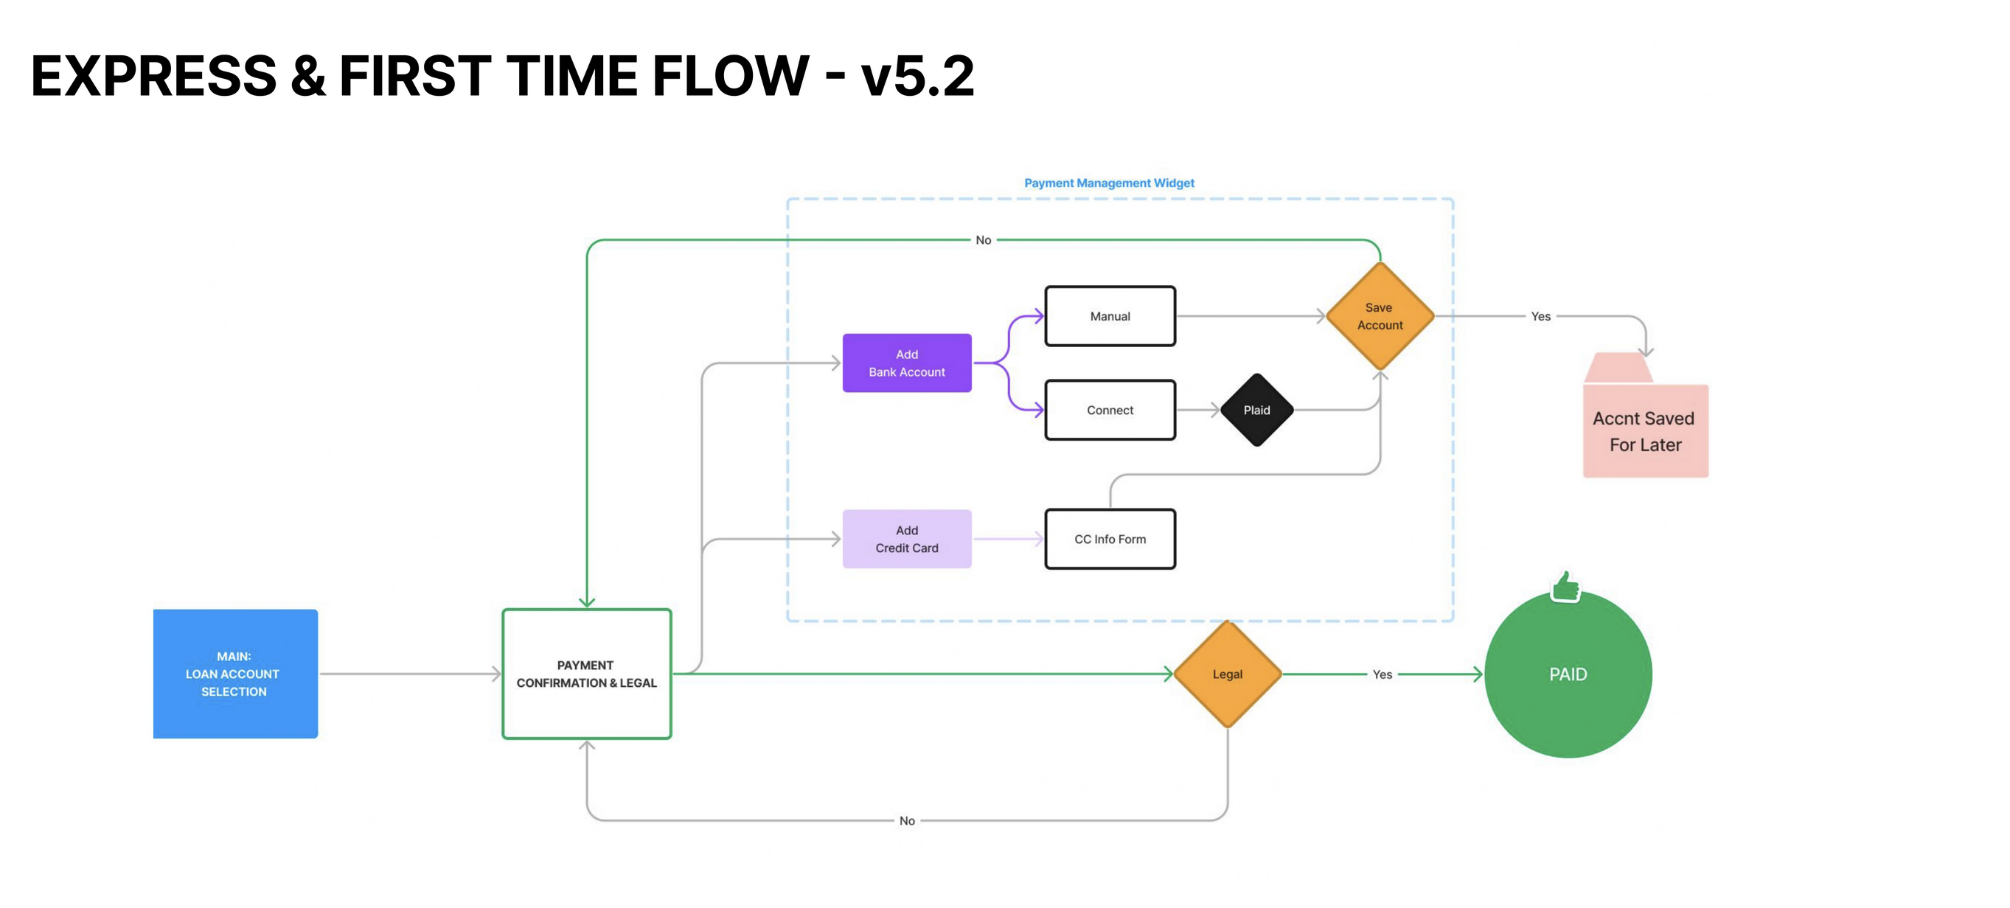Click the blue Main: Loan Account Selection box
[235, 673]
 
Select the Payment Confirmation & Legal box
[587, 673]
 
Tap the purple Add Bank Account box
[907, 363]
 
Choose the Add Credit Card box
[907, 539]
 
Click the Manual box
[1110, 316]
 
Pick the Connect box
[1110, 411]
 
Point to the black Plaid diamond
[1256, 411]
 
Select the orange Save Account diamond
[1380, 316]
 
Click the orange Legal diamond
[1228, 674]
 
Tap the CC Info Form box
[1110, 539]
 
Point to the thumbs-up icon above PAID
[1565, 587]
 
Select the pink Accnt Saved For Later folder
[1645, 429]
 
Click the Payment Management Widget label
[1109, 183]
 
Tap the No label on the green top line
[983, 240]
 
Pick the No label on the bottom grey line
[907, 820]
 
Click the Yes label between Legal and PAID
[1382, 674]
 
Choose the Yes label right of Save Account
[1540, 316]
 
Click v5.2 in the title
[917, 77]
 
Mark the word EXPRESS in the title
[153, 77]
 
